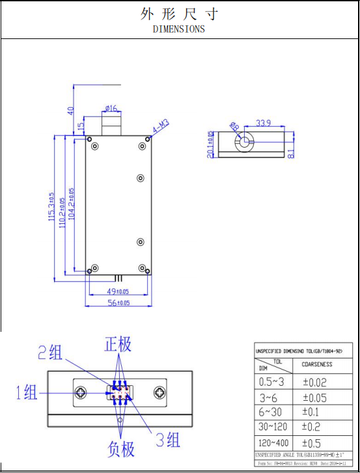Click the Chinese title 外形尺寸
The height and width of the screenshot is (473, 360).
(x=179, y=14)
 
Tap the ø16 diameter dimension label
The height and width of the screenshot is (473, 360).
(x=111, y=108)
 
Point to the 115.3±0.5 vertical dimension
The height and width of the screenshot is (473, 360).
(x=52, y=208)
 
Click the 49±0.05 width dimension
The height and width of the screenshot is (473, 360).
(x=118, y=291)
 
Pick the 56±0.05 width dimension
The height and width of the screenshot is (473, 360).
(x=118, y=303)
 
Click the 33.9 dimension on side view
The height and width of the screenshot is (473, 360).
(x=264, y=123)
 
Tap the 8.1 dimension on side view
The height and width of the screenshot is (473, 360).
(x=291, y=153)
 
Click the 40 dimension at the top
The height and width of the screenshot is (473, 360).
(x=71, y=111)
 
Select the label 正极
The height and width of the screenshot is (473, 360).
(x=118, y=345)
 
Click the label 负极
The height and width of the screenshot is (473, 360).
(x=120, y=448)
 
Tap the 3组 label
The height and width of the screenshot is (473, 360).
(x=167, y=440)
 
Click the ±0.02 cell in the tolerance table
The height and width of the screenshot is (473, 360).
(x=314, y=383)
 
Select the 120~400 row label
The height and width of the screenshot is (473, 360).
(x=273, y=442)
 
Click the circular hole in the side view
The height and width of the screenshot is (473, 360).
(x=243, y=142)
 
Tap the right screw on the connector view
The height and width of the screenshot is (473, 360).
(x=159, y=392)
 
